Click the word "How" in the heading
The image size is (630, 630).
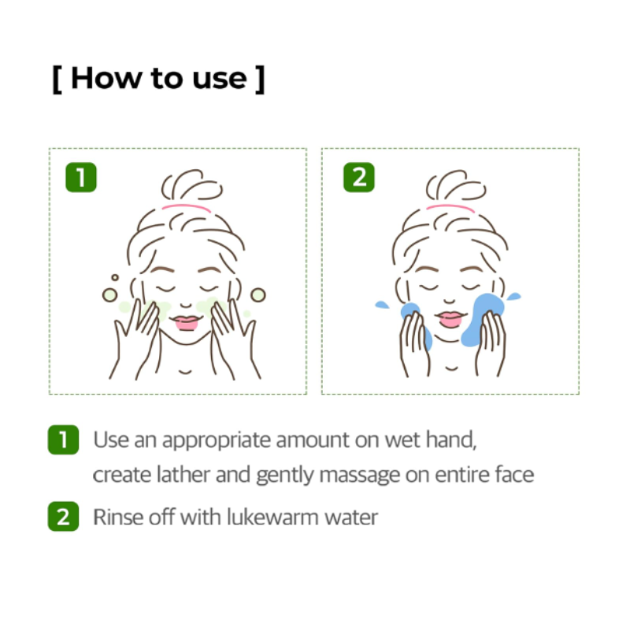coord(106,78)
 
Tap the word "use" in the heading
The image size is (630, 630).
coord(220,80)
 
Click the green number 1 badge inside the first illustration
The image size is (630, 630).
coord(81,177)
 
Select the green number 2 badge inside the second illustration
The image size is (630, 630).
coord(359,177)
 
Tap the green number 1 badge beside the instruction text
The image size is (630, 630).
coord(64,440)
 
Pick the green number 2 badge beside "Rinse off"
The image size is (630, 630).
coord(64,517)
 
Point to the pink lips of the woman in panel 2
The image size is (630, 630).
coord(451,319)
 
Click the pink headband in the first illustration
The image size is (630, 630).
coord(187,208)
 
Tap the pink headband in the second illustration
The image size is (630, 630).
coord(450,208)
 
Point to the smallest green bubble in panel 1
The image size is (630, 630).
coord(115,278)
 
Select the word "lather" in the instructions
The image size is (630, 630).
coord(183,475)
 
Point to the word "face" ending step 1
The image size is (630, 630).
coord(515,475)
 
